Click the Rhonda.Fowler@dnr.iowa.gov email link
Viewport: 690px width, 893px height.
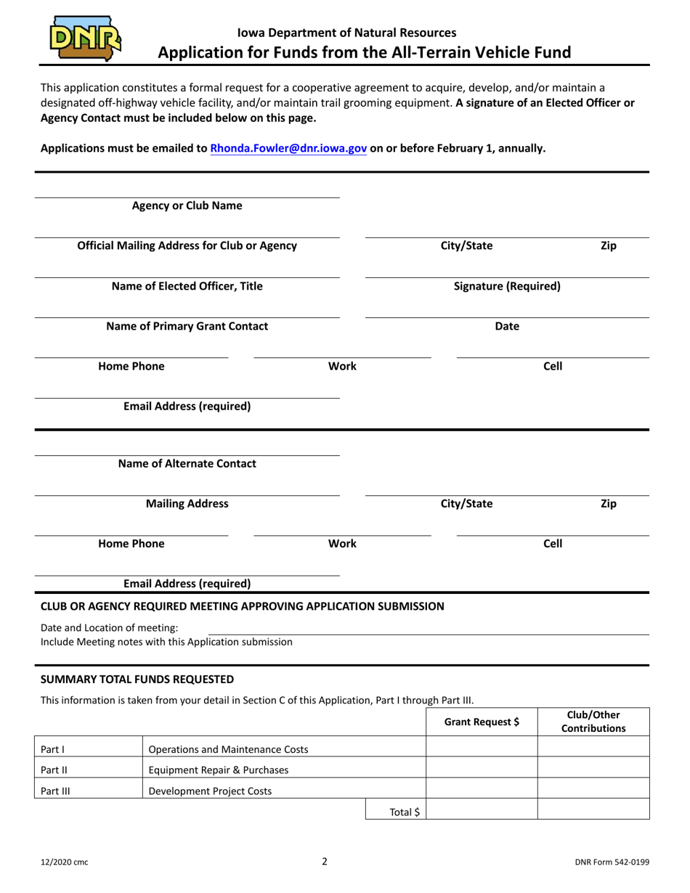pos(288,148)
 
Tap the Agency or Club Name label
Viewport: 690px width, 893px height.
pos(187,205)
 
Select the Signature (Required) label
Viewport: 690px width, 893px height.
pos(506,286)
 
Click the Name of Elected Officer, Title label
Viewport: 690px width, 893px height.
pos(187,286)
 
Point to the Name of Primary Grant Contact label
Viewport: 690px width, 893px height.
pos(187,326)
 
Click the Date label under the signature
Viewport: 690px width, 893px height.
pos(506,327)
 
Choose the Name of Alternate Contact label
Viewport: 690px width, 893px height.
pos(187,463)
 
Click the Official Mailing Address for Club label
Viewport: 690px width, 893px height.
pos(187,245)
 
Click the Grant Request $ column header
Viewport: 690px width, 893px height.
pos(482,722)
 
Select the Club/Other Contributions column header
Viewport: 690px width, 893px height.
pos(593,721)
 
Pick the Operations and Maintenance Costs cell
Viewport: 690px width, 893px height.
pos(228,749)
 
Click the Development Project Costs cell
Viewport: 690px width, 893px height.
pos(210,791)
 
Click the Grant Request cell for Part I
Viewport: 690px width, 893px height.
pos(482,749)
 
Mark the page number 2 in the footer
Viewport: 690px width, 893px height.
pos(325,862)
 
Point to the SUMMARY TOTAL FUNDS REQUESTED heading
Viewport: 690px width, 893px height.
pos(137,680)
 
